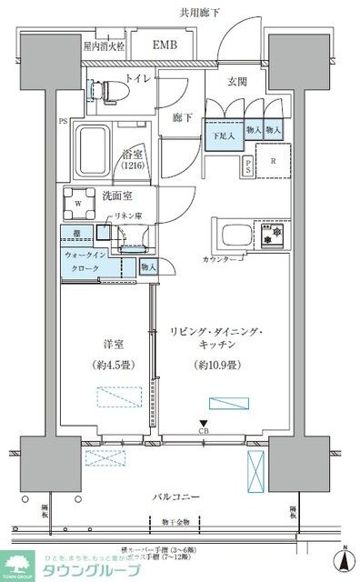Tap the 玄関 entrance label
pyautogui.click(x=239, y=80)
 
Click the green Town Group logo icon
pyautogui.click(x=17, y=567)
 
